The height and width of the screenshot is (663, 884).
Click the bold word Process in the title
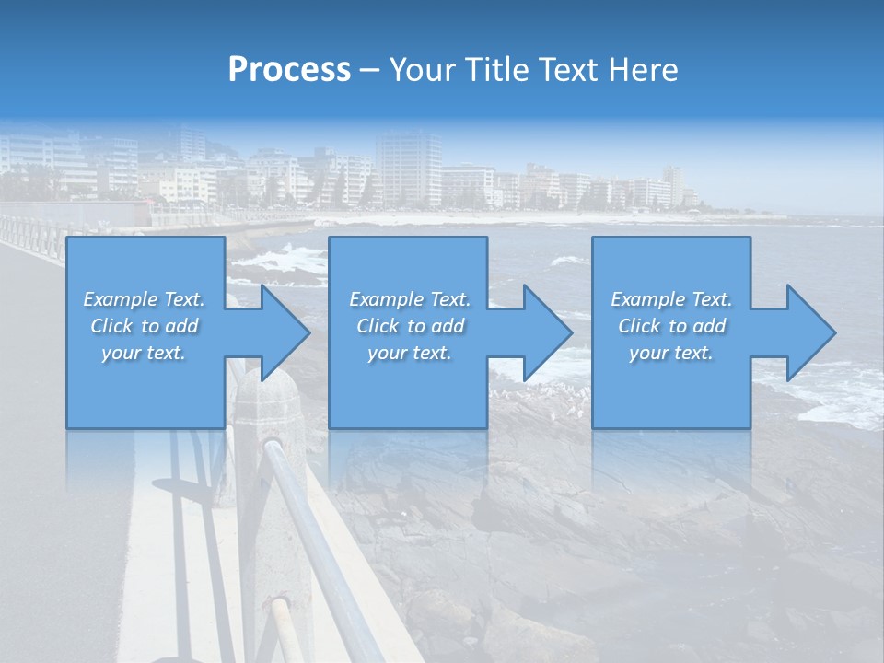point(289,69)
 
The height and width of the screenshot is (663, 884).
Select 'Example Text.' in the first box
point(144,299)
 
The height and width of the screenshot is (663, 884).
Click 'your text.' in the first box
point(144,353)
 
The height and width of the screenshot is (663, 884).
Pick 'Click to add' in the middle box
point(410,326)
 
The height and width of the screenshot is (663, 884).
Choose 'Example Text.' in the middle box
point(410,299)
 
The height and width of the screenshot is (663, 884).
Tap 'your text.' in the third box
point(671,353)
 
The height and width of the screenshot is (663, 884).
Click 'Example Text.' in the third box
point(671,299)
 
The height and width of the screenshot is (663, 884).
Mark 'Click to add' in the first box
point(144,326)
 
